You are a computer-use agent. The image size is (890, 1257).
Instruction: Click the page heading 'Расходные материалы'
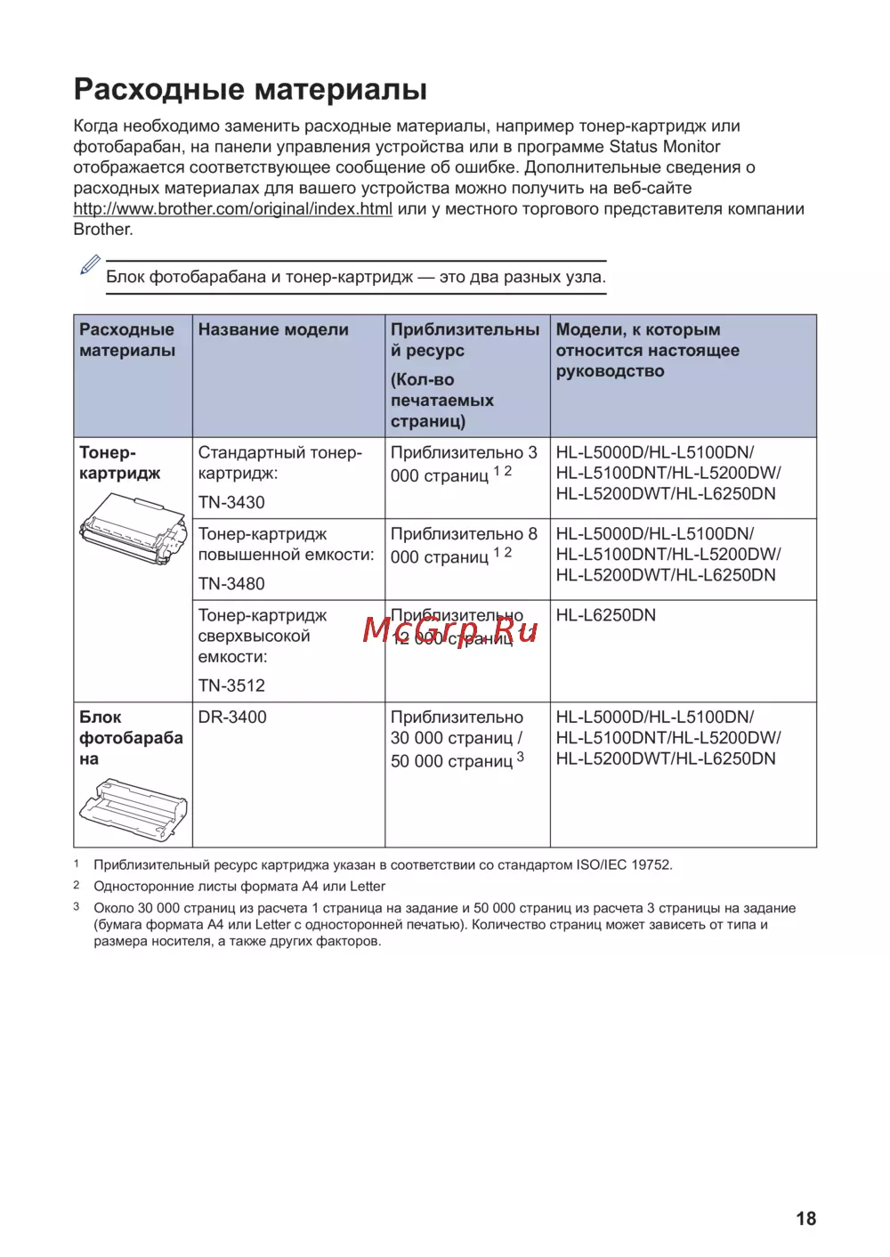[250, 90]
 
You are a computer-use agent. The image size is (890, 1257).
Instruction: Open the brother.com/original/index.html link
[232, 209]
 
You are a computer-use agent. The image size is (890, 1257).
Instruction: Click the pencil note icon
[90, 265]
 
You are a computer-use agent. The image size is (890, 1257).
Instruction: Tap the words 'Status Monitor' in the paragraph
[664, 147]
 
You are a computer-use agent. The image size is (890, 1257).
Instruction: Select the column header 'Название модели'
[273, 329]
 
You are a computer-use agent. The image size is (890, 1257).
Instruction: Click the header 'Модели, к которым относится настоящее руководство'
[647, 350]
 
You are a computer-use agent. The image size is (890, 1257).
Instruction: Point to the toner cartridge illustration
[133, 530]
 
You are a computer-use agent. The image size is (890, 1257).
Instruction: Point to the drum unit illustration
[133, 808]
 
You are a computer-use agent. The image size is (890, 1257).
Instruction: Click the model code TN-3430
[231, 502]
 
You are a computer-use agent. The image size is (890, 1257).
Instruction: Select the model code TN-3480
[231, 584]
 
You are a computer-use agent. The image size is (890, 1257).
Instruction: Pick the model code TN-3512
[231, 685]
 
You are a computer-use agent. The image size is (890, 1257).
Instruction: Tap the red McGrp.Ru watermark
[450, 629]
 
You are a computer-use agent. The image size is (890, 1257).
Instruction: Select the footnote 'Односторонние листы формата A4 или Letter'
[239, 887]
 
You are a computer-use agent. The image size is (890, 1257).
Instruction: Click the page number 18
[805, 1219]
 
